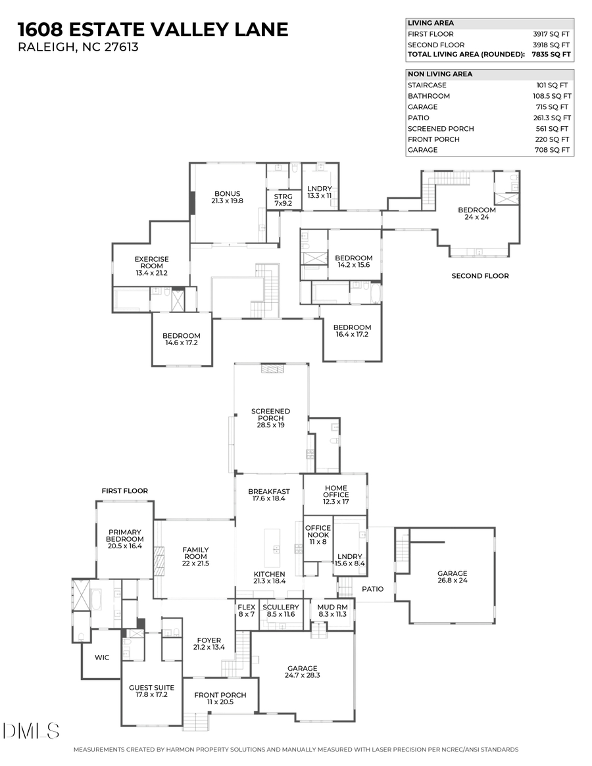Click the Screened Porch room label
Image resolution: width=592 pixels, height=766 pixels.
270,415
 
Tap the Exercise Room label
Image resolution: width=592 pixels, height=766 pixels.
151,263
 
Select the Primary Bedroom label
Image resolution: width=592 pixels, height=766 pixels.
124,537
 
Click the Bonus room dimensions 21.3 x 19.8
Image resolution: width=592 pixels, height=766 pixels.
227,201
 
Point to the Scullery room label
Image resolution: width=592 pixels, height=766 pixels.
280,607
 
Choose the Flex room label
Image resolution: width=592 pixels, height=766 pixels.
246,607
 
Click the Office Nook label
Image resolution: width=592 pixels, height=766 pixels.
318,532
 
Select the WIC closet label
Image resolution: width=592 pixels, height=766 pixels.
101,658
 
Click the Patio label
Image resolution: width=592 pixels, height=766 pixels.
372,589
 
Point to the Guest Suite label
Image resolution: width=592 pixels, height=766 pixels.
151,688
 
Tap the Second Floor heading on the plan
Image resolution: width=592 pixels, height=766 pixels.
480,276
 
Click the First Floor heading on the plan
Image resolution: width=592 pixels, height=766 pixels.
124,491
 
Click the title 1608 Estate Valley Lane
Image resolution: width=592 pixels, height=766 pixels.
153,30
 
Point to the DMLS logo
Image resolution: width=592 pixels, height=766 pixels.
31,730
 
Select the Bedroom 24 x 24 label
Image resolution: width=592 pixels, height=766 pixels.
477,214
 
